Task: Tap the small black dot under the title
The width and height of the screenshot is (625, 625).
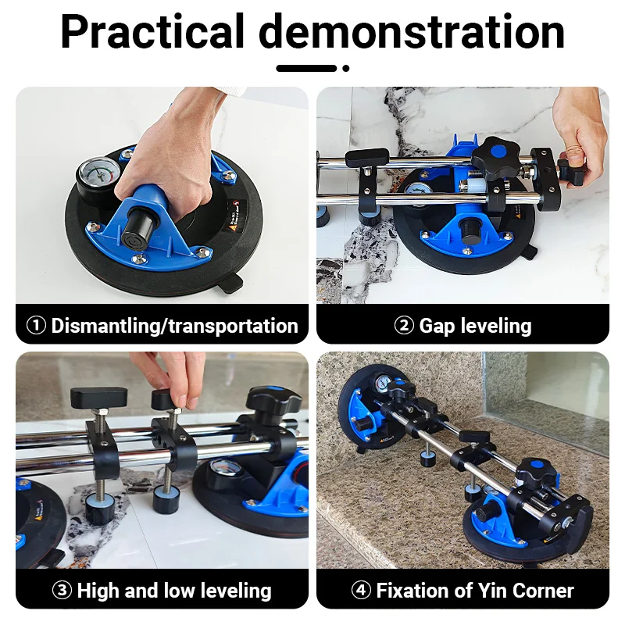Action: (x=346, y=68)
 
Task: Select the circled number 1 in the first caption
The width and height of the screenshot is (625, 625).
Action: (x=37, y=326)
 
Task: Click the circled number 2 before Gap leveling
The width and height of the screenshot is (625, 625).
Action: (x=403, y=326)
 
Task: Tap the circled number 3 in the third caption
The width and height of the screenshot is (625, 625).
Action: (x=62, y=591)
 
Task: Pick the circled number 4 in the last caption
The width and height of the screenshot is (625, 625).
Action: (x=362, y=591)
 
